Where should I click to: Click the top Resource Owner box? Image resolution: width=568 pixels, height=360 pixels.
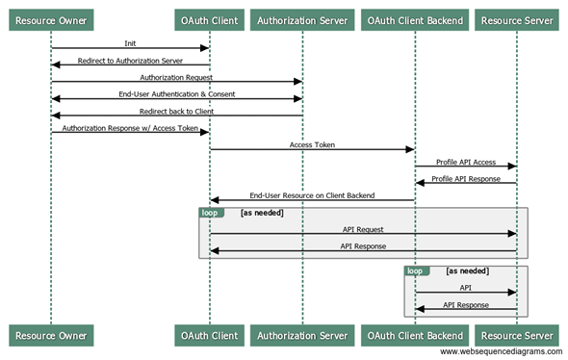[51, 18]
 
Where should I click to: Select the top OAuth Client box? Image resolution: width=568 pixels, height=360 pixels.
[210, 18]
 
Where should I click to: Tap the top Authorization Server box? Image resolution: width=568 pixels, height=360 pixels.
[302, 18]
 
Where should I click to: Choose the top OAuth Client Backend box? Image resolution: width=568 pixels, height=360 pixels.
[415, 18]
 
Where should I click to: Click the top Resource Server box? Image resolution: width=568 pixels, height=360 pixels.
[516, 18]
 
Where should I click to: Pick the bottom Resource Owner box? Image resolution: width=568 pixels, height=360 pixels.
[51, 335]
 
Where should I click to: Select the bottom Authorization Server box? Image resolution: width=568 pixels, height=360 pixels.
[302, 335]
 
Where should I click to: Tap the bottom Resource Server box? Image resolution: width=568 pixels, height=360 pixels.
[516, 335]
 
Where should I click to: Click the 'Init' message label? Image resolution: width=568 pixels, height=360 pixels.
[130, 43]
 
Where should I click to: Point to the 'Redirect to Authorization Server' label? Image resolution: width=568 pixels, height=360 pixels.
[130, 60]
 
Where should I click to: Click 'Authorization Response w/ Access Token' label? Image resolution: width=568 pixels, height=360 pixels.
[130, 127]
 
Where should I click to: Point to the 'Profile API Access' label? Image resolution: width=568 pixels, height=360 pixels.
[466, 162]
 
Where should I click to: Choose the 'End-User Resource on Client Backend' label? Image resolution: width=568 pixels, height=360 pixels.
[312, 195]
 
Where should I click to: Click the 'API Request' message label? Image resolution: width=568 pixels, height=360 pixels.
[363, 229]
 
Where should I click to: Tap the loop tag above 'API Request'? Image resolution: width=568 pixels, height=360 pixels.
[210, 212]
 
